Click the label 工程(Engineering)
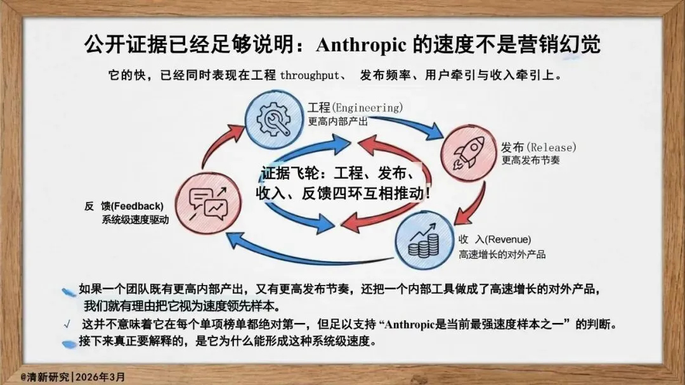355,107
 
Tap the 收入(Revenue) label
495,239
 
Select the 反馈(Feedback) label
124,206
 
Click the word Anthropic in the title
360,45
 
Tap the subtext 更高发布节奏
530,161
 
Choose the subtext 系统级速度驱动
135,220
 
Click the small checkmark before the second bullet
67,325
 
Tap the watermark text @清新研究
44,376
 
